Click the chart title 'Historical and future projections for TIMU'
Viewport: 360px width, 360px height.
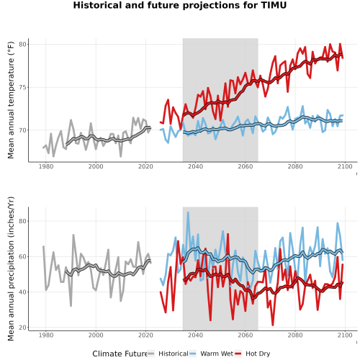180,5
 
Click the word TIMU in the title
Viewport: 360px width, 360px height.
274,5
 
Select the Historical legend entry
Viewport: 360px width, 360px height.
168,354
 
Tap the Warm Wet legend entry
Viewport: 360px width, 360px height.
212,354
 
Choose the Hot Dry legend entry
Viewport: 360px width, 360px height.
253,354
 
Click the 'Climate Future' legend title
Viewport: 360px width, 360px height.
120,354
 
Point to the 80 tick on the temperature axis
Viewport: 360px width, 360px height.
22,45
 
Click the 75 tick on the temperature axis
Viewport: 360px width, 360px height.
22,87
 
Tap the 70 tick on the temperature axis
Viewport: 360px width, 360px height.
22,130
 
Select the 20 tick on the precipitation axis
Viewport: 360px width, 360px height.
22,328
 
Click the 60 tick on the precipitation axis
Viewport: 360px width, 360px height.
22,256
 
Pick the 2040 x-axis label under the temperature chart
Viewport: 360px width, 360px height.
195,166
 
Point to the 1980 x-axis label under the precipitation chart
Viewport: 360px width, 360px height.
46,335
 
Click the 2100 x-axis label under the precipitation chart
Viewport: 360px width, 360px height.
345,335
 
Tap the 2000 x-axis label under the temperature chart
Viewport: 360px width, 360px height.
96,166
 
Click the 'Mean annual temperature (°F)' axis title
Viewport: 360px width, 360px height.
11,100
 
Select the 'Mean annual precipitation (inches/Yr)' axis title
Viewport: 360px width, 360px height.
11,269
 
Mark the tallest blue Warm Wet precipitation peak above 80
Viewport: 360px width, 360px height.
188,212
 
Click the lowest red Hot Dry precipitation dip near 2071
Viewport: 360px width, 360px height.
273,325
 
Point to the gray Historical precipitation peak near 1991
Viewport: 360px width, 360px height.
73,235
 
